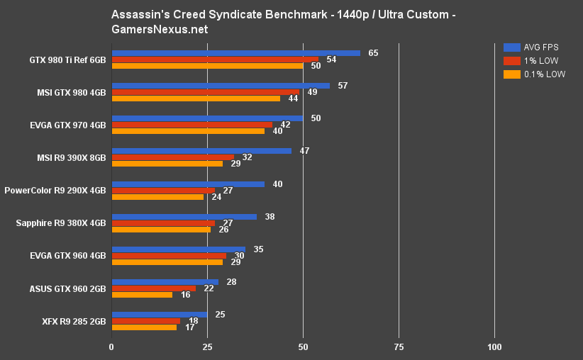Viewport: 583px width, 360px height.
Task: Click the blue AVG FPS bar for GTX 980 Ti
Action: pos(235,53)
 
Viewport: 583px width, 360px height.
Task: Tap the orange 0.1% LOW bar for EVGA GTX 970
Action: pos(188,131)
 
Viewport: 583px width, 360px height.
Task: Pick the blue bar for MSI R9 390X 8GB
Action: pos(201,151)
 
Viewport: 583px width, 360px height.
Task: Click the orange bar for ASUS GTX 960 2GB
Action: pos(142,295)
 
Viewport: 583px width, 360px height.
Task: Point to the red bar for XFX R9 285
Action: pos(145,321)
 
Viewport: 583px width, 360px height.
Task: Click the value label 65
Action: pos(373,53)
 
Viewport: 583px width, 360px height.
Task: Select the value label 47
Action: pos(304,151)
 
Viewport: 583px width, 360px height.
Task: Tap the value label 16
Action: pos(185,295)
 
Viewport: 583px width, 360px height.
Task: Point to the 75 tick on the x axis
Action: pos(399,347)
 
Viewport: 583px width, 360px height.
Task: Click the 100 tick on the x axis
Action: pos(494,347)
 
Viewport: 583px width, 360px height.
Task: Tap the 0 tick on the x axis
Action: pos(111,347)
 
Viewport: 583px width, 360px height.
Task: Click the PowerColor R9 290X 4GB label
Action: pos(55,191)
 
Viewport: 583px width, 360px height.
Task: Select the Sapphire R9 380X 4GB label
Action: pos(61,223)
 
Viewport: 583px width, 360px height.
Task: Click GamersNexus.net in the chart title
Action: pos(160,29)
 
